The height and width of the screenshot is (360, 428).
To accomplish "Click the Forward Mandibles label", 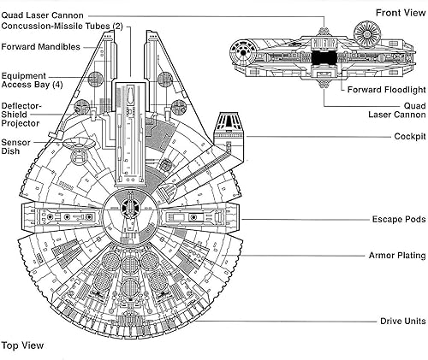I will click(41, 47).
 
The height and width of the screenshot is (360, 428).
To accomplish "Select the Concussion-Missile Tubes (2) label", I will click(62, 26).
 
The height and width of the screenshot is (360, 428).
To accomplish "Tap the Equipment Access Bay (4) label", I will click(29, 80).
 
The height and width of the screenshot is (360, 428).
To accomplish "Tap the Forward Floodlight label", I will click(383, 89).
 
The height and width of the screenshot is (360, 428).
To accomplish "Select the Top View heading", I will click(22, 346).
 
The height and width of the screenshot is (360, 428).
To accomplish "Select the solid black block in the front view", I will click(323, 59).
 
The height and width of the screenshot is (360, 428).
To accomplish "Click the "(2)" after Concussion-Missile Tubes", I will click(118, 26).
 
